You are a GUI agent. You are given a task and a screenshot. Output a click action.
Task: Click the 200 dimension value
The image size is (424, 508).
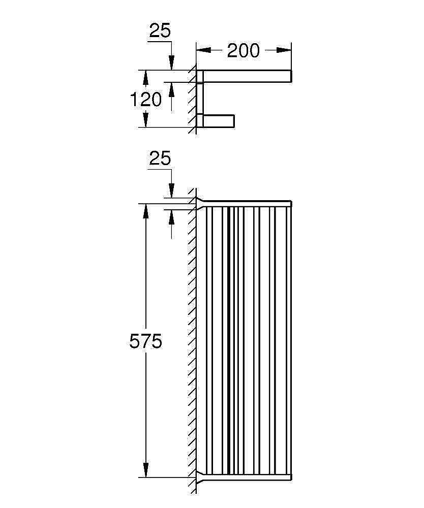click(x=243, y=50)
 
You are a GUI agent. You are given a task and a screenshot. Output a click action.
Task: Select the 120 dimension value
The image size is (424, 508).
click(x=145, y=99)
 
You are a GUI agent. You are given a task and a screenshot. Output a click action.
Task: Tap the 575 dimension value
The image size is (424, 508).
click(x=145, y=341)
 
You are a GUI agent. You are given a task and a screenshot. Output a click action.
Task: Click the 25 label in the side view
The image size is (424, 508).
click(x=160, y=31)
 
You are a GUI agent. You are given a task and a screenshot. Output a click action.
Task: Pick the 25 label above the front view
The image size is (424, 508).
click(x=160, y=158)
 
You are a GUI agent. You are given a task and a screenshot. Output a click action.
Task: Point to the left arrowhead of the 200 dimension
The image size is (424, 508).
click(x=204, y=50)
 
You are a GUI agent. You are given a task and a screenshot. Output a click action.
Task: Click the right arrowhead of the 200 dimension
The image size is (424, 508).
click(x=284, y=50)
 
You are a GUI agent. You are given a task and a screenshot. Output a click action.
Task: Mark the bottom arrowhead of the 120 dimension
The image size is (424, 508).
click(x=145, y=120)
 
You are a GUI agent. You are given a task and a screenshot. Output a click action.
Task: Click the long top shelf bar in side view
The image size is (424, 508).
click(x=247, y=76)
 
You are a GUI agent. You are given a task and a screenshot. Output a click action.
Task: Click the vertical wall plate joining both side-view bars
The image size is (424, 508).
click(x=200, y=99)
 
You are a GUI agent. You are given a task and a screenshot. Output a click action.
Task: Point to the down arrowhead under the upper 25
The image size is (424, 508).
click(x=171, y=62)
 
